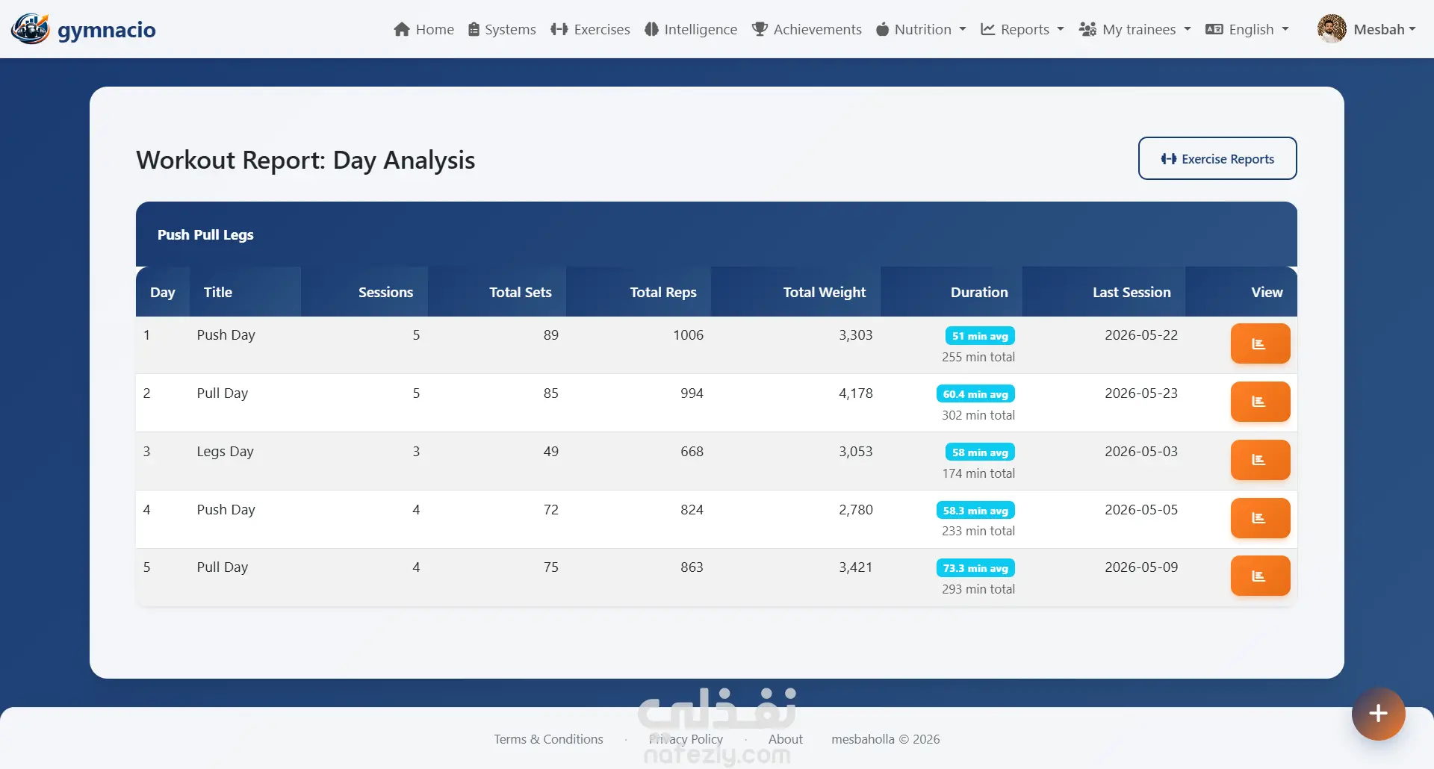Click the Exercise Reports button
click(x=1217, y=158)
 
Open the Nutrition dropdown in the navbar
click(x=921, y=29)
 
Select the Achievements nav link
click(x=807, y=29)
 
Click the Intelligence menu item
click(x=691, y=29)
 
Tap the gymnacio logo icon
click(x=30, y=29)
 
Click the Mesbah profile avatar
click(x=1332, y=29)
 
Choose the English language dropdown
click(x=1247, y=29)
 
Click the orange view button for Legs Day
click(x=1260, y=460)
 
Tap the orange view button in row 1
click(x=1260, y=343)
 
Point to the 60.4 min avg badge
click(x=975, y=394)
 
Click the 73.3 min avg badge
click(x=975, y=568)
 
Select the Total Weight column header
click(x=825, y=292)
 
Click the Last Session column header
click(x=1132, y=292)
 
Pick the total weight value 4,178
click(x=856, y=393)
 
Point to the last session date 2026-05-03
click(x=1141, y=452)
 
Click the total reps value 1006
click(x=688, y=335)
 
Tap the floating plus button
click(x=1378, y=714)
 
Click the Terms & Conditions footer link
click(x=548, y=739)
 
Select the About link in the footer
click(x=786, y=739)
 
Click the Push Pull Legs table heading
click(x=205, y=234)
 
